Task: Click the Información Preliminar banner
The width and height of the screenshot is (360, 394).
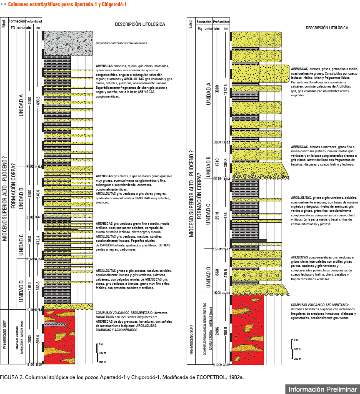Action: [x=322, y=389]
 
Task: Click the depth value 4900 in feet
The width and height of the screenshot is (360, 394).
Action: [x=30, y=103]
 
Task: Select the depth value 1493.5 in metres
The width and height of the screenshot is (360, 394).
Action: [x=38, y=103]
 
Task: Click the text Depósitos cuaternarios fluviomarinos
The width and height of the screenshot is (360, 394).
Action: [x=121, y=43]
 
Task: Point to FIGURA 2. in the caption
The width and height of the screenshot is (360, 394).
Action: [x=11, y=377]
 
